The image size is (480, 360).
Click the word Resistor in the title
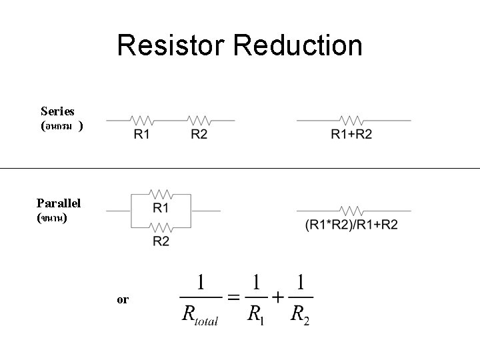172,45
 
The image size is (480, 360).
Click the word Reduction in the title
299,45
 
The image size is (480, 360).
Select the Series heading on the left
57,111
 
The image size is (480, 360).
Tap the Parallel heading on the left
59,203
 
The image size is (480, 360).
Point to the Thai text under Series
61,125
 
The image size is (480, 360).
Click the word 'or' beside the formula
123,300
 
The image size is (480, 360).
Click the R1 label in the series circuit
142,135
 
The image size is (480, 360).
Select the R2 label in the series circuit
199,135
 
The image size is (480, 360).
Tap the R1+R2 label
351,135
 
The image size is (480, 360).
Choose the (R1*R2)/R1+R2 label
351,225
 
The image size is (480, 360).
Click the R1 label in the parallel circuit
161,209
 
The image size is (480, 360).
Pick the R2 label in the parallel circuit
161,241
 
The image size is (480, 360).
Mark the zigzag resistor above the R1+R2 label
351,121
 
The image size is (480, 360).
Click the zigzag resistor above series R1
143,121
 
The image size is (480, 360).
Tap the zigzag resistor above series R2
199,121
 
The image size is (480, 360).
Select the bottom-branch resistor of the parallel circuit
161,227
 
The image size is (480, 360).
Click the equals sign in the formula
234,297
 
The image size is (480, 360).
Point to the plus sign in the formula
276,297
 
